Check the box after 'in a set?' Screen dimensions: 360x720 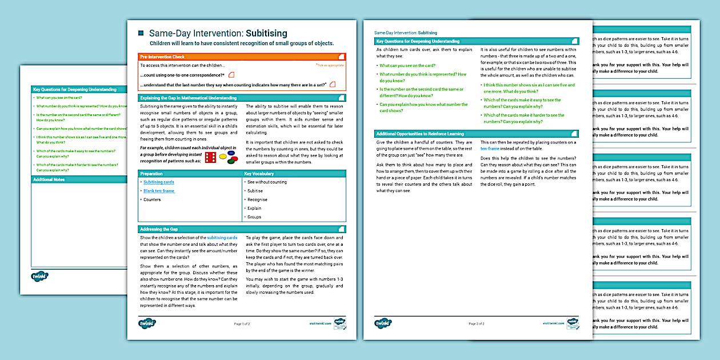333,85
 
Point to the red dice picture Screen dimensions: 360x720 210,157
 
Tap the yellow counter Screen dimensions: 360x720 223,156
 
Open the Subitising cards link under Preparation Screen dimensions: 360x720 159,182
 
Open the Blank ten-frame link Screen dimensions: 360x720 159,191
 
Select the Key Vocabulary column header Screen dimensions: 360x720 259,173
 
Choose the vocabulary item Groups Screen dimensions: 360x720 254,217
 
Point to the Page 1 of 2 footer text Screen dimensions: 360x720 242,323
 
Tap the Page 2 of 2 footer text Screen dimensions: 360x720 477,323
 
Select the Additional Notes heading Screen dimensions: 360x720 49,179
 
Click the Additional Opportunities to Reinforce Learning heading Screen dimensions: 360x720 420,134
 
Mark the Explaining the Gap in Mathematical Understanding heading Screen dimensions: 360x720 188,98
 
